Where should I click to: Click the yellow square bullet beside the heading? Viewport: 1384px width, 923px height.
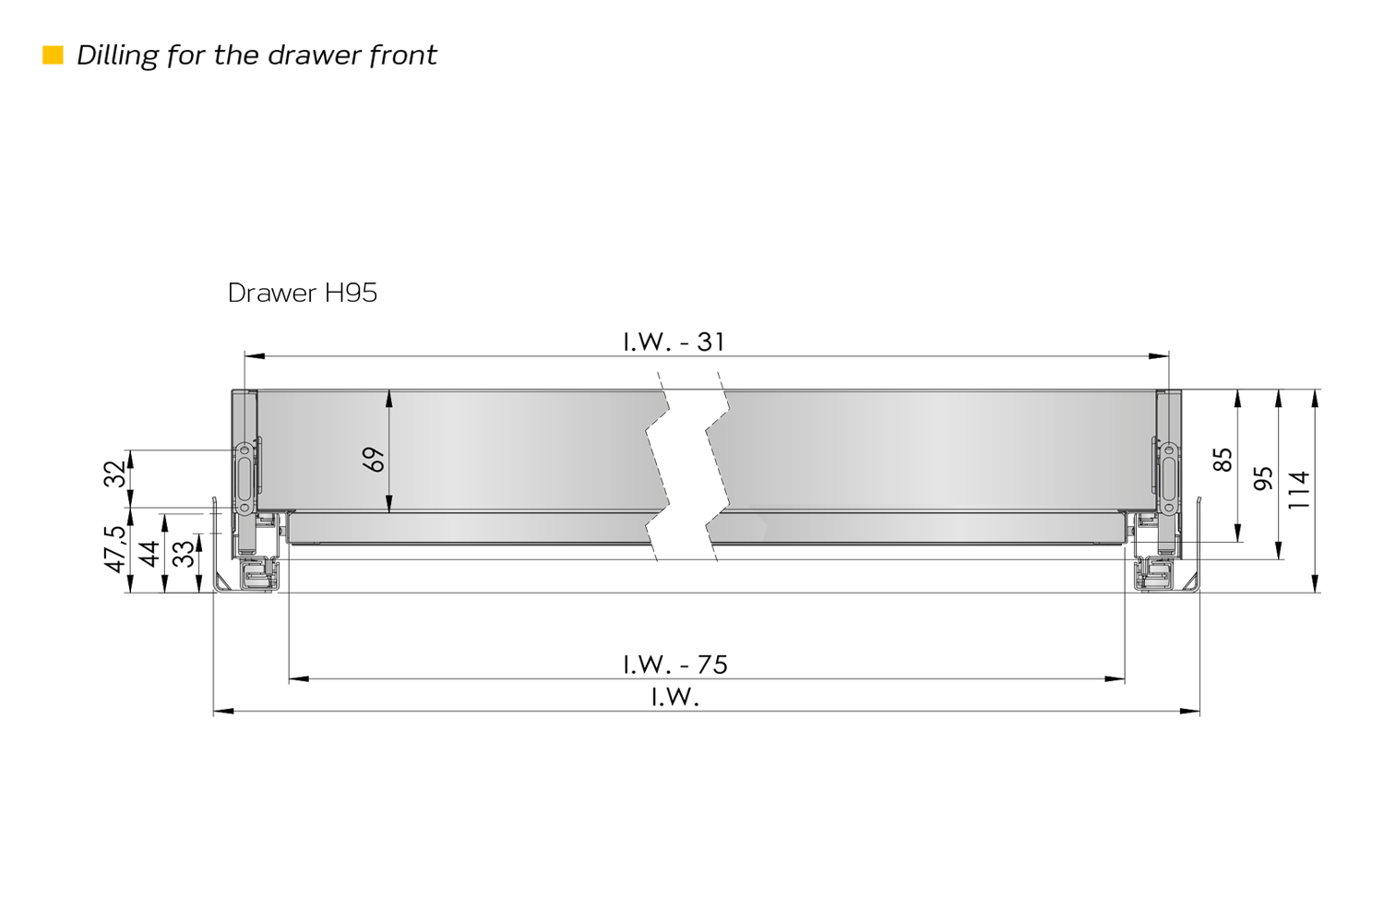pos(54,55)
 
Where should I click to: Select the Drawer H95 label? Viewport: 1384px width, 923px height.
pos(302,293)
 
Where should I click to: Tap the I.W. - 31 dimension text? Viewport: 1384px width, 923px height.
pos(674,342)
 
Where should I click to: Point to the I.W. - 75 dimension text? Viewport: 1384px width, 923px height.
pos(674,664)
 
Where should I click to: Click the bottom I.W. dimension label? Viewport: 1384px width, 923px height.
pos(674,697)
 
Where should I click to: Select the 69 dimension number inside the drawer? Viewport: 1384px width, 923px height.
pos(374,460)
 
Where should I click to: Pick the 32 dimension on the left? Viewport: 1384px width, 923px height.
pos(114,474)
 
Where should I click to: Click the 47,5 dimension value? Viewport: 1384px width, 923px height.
pos(114,549)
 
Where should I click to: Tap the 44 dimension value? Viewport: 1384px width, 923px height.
pos(149,554)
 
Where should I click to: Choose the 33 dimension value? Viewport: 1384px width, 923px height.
pos(184,554)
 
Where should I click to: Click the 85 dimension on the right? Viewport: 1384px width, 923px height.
pos(1223,460)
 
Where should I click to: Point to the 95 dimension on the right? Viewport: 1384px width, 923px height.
pos(1263,478)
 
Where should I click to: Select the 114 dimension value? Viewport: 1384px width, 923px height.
pos(1299,489)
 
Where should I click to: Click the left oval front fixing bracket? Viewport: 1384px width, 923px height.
pos(245,478)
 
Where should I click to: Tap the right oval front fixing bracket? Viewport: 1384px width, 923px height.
pos(1168,478)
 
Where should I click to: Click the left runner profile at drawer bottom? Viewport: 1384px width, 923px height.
pos(257,574)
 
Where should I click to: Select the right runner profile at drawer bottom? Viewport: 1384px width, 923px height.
pos(1155,574)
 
